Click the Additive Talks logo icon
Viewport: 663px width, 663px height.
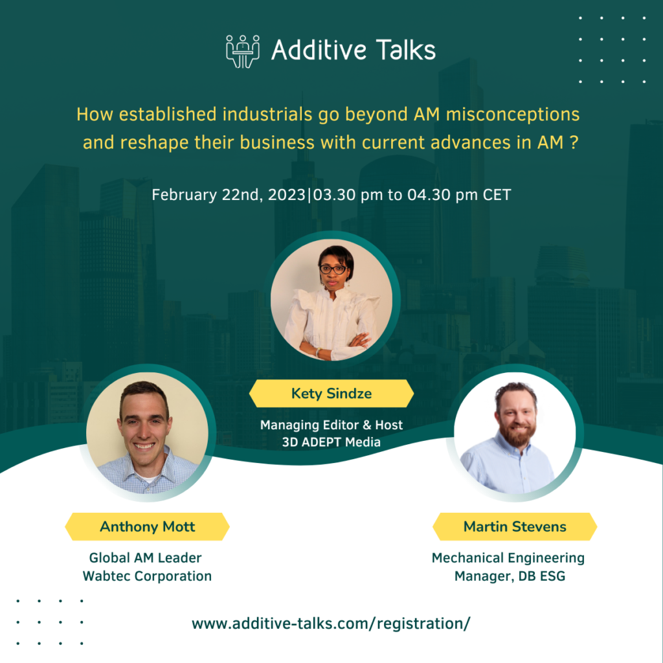[x=243, y=51]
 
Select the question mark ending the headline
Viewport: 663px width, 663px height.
[x=574, y=143]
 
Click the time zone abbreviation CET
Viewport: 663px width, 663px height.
[x=497, y=194]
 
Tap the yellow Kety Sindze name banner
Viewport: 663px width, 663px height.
[x=331, y=394]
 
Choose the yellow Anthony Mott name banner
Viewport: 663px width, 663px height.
[x=147, y=526]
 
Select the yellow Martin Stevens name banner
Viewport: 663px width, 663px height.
[x=515, y=526]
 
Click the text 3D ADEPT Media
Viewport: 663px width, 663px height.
[x=331, y=442]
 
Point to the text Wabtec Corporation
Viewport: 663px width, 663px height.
[x=147, y=576]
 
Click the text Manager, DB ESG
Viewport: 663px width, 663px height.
[x=510, y=576]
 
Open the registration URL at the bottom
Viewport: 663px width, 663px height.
[x=331, y=624]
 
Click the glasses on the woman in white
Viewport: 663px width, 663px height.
[x=333, y=269]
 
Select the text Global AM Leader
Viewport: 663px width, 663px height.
[x=146, y=557]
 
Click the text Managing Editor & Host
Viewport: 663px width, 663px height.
[x=331, y=425]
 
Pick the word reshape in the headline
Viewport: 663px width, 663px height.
[x=146, y=143]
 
